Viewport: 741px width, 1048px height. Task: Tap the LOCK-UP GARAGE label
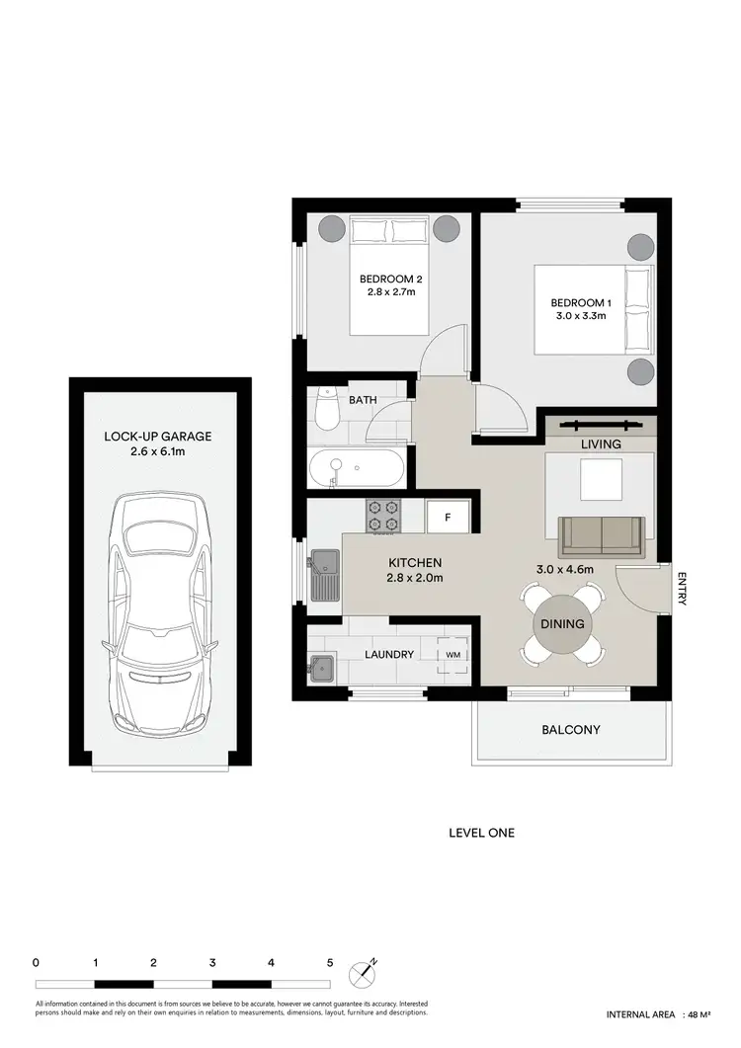(159, 437)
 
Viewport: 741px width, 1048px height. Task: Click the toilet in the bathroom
(323, 412)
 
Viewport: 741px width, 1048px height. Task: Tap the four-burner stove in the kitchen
(384, 514)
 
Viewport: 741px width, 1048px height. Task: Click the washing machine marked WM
(453, 653)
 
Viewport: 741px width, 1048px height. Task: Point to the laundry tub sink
(322, 667)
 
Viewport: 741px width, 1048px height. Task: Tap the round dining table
(561, 624)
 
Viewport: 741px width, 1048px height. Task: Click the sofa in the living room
(602, 536)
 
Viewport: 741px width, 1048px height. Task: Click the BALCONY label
(571, 731)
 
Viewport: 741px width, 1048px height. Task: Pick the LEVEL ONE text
(481, 833)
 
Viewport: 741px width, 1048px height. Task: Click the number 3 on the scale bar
(212, 961)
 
